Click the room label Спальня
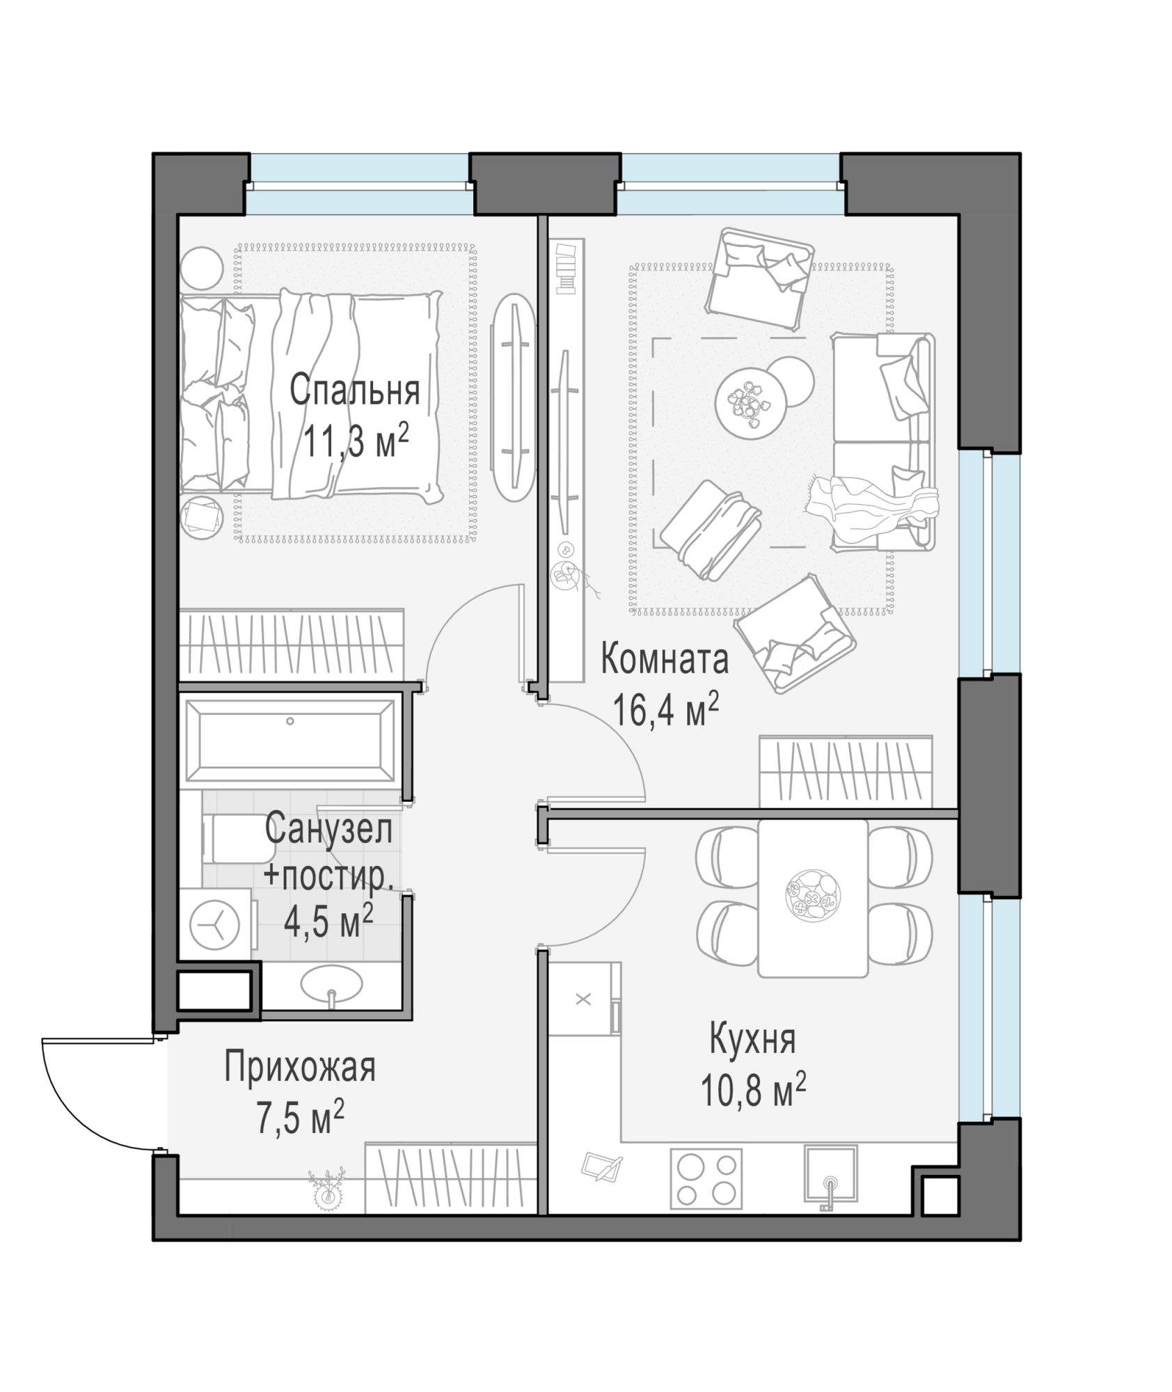pos(354,390)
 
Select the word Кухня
pos(752,1040)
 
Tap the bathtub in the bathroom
pos(290,741)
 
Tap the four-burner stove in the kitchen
pos(706,1178)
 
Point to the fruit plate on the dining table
pos(812,896)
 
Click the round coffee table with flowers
pos(751,404)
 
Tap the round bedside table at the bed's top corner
pos(201,268)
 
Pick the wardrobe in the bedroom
pos(292,644)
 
